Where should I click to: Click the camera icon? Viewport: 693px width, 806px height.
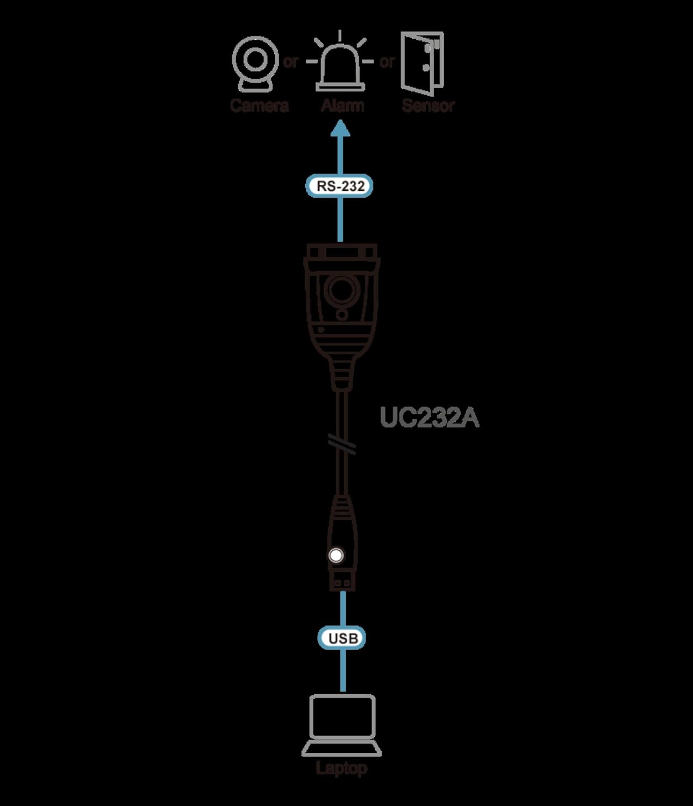[x=255, y=64]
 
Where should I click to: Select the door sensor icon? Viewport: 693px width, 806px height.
[x=422, y=63]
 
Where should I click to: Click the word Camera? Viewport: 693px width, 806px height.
[x=259, y=105]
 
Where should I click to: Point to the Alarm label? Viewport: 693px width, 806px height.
[x=342, y=105]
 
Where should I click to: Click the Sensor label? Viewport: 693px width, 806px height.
[x=428, y=105]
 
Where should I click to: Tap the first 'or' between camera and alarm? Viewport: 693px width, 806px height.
[x=290, y=62]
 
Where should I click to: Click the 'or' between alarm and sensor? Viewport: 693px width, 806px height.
[x=387, y=62]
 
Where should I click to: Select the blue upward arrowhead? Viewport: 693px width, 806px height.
[x=340, y=128]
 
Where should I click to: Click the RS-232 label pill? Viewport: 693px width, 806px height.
[x=339, y=186]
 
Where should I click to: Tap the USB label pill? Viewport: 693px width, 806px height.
[x=342, y=638]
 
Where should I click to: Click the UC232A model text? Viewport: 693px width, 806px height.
[x=429, y=418]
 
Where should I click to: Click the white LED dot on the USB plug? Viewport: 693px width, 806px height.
[x=336, y=555]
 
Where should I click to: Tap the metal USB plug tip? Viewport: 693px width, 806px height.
[x=342, y=582]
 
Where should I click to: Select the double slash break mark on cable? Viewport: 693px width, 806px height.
[x=342, y=444]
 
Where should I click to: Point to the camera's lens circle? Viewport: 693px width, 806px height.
[x=255, y=60]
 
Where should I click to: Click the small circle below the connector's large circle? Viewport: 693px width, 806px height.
[x=342, y=314]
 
